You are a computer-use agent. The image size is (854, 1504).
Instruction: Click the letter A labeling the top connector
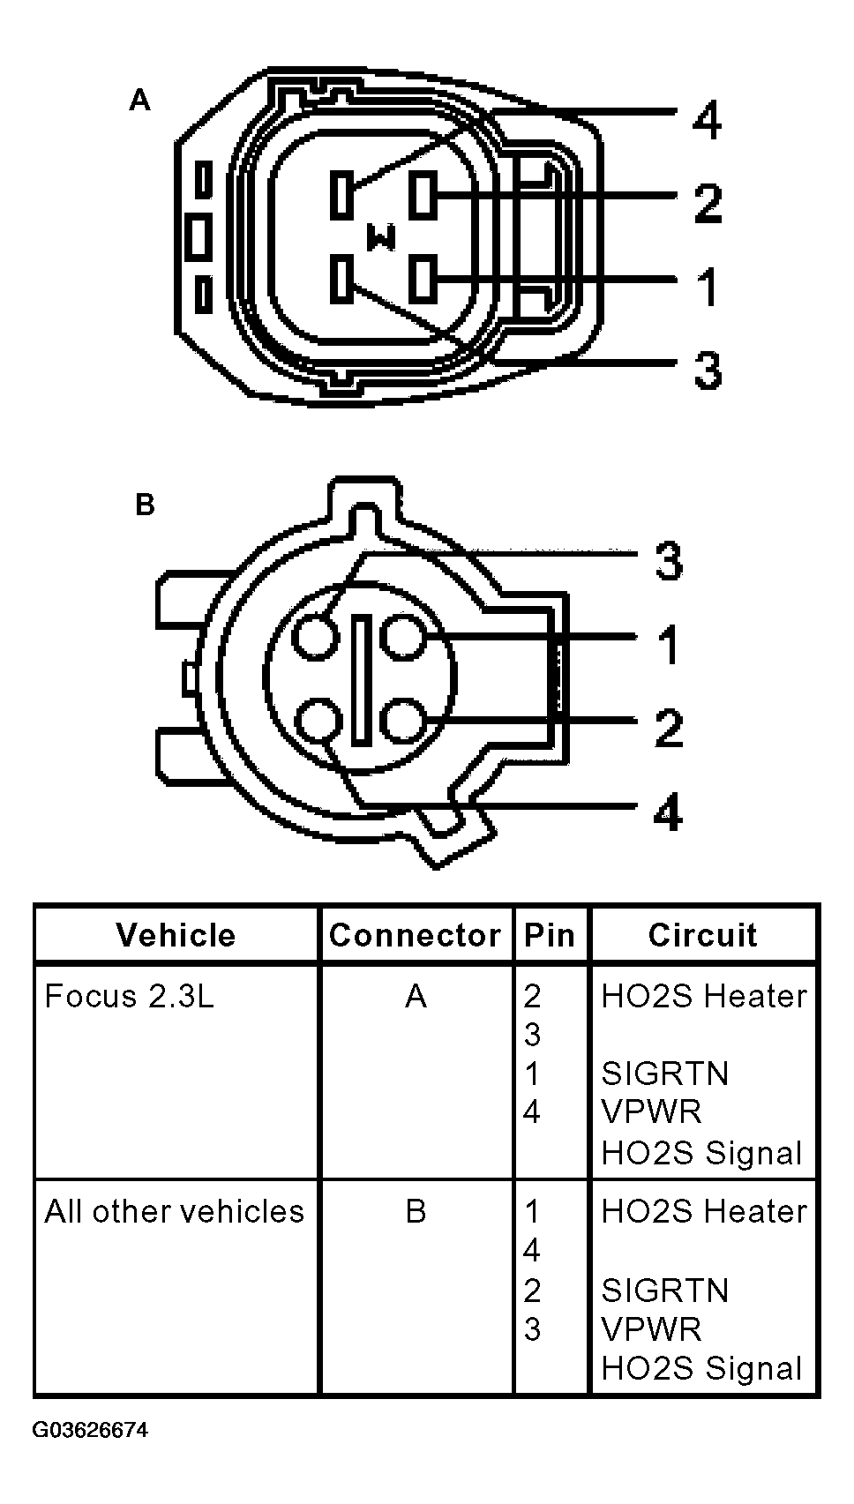(139, 101)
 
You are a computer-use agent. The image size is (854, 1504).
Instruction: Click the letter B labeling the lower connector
(145, 505)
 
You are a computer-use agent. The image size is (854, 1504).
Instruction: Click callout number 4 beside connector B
(668, 812)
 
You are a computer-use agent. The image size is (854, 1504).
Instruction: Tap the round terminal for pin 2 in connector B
(403, 721)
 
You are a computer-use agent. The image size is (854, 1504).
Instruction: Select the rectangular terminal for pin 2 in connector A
(423, 196)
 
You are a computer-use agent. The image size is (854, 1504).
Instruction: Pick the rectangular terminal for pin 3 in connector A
(341, 278)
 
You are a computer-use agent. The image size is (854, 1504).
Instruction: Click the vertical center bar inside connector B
(360, 678)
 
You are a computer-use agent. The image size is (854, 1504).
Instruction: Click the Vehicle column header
(176, 935)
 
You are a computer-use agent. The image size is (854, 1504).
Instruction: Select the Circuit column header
(702, 935)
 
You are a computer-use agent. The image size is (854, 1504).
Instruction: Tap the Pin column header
(549, 935)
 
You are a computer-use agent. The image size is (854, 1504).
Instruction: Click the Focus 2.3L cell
(129, 996)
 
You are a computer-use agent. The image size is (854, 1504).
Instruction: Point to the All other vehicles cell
(174, 1211)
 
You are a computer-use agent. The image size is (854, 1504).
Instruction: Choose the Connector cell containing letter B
(416, 1211)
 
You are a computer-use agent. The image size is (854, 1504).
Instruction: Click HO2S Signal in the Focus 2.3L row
(701, 1153)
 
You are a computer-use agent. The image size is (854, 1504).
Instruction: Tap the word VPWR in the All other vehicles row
(651, 1329)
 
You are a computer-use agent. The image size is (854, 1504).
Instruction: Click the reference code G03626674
(90, 1430)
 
